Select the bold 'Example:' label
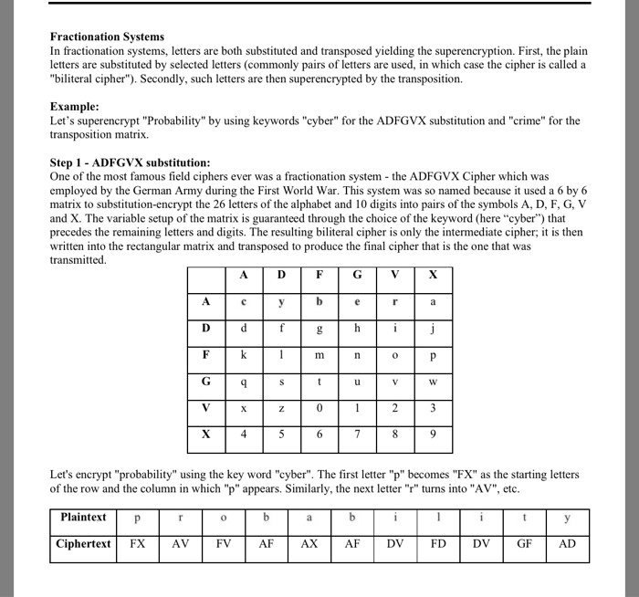click(x=76, y=107)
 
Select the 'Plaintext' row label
click(x=83, y=518)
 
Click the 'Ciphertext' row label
click(x=83, y=544)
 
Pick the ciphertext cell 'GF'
click(x=524, y=544)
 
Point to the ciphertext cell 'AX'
click(x=309, y=544)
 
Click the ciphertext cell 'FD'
click(x=438, y=544)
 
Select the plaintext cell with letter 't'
click(x=524, y=518)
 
